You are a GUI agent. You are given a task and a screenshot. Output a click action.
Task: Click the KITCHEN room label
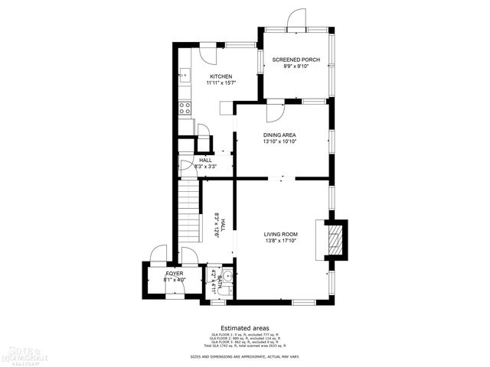(220, 76)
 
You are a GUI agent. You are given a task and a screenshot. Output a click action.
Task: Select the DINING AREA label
(279, 135)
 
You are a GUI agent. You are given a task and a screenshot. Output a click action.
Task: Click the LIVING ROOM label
(281, 235)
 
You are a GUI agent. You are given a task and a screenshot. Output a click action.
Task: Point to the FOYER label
(174, 272)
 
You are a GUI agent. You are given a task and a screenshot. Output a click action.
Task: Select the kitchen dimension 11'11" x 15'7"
(220, 83)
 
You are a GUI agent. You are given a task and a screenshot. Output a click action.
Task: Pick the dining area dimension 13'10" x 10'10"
(279, 141)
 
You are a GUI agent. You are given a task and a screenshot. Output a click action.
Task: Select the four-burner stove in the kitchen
(185, 108)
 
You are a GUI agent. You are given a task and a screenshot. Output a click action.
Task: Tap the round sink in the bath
(228, 275)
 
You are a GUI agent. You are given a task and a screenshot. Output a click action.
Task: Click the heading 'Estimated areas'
(245, 328)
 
